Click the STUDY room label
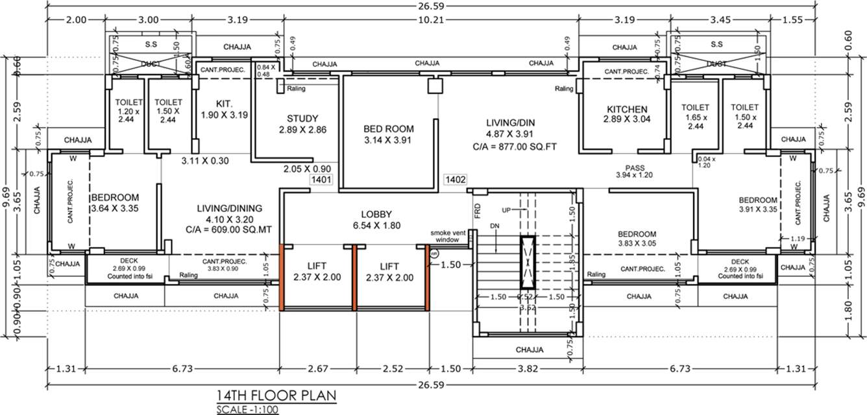click(302, 119)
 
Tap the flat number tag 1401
click(321, 180)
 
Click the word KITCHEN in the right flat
click(626, 109)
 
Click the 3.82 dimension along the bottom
click(528, 368)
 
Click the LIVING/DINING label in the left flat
click(230, 208)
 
